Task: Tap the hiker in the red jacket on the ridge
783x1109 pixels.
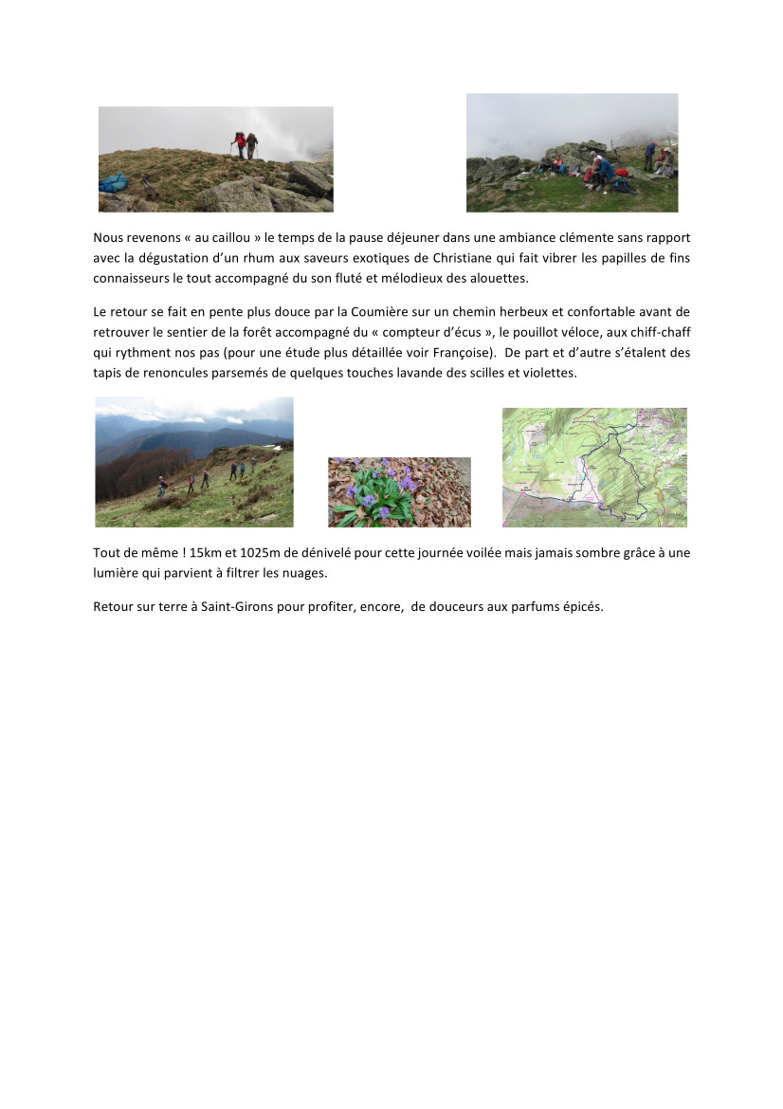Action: tap(241, 144)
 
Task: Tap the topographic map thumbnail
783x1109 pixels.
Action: tap(594, 467)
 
